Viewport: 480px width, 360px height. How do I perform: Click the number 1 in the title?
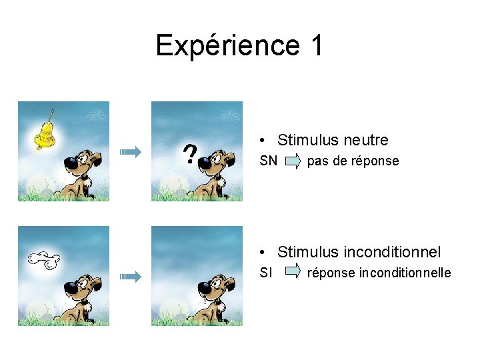pos(316,45)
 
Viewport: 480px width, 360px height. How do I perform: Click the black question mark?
pos(190,155)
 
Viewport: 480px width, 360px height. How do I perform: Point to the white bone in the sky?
pos(45,259)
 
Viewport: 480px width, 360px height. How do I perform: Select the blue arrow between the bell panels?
pos(131,153)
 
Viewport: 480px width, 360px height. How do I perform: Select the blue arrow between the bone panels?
pos(131,276)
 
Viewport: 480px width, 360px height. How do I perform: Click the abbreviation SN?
pos(269,161)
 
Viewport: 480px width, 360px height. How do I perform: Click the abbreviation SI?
pos(266,273)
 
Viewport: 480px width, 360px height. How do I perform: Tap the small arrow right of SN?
pos(293,161)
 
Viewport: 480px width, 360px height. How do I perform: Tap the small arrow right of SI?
pos(293,272)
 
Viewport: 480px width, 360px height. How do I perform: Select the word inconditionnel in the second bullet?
pos(392,252)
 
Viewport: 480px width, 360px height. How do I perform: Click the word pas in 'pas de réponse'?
pos(317,161)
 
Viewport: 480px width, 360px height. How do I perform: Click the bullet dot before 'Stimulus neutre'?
pos(265,141)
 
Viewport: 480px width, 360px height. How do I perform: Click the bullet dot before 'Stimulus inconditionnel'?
pos(265,252)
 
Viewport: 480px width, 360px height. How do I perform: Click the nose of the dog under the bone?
pos(71,287)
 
